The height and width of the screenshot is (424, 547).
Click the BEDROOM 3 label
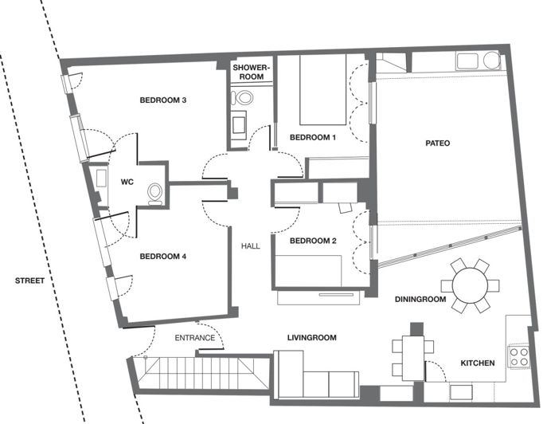(x=162, y=100)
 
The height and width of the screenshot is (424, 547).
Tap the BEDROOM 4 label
(x=162, y=257)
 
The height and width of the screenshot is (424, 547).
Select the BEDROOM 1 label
(x=313, y=137)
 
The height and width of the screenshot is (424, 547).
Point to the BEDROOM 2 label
(x=313, y=241)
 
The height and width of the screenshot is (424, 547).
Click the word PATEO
(x=437, y=143)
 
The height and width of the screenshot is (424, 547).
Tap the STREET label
(x=29, y=281)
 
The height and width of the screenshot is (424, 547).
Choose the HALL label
(x=251, y=246)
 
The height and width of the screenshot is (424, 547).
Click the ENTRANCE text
(x=194, y=338)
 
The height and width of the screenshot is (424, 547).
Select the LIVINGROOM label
(x=311, y=338)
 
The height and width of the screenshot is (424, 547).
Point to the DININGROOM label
(x=421, y=300)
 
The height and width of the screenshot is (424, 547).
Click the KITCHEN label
(x=478, y=363)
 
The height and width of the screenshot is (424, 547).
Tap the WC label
(x=126, y=182)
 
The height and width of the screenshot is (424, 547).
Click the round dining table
(x=469, y=285)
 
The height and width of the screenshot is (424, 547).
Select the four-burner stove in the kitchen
(x=519, y=356)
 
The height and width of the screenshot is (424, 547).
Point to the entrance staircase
(x=196, y=373)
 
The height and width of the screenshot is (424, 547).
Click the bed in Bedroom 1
(x=322, y=90)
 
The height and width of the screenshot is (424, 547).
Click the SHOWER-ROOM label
(x=252, y=73)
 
